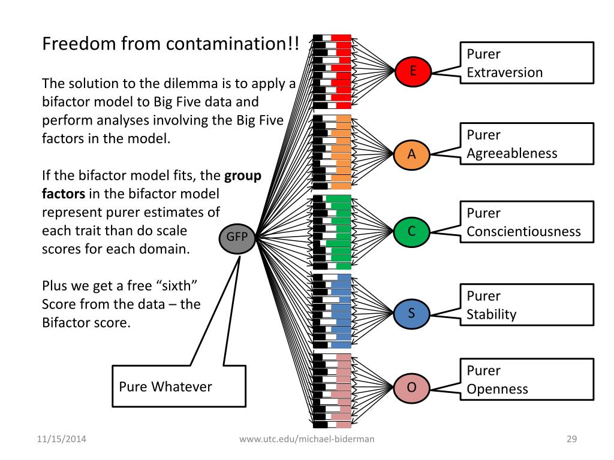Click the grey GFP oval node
click(238, 237)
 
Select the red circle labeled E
click(412, 72)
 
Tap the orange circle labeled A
click(412, 154)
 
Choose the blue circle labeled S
click(412, 313)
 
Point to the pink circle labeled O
click(412, 388)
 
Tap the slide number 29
click(571, 440)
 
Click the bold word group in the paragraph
click(243, 177)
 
